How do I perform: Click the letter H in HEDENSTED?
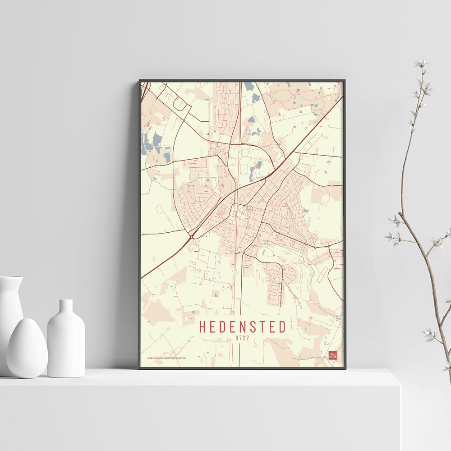(203, 327)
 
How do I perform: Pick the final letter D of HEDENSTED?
(282, 327)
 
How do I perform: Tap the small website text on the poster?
(166, 358)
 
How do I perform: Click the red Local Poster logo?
(333, 355)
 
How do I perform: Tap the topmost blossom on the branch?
(421, 63)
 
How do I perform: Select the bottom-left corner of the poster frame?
(140, 368)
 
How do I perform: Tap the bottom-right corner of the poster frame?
(345, 368)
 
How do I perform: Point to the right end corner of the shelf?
(400, 385)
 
